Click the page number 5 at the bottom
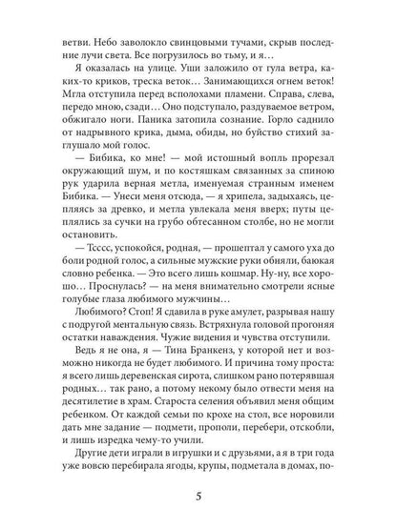point(198,496)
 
